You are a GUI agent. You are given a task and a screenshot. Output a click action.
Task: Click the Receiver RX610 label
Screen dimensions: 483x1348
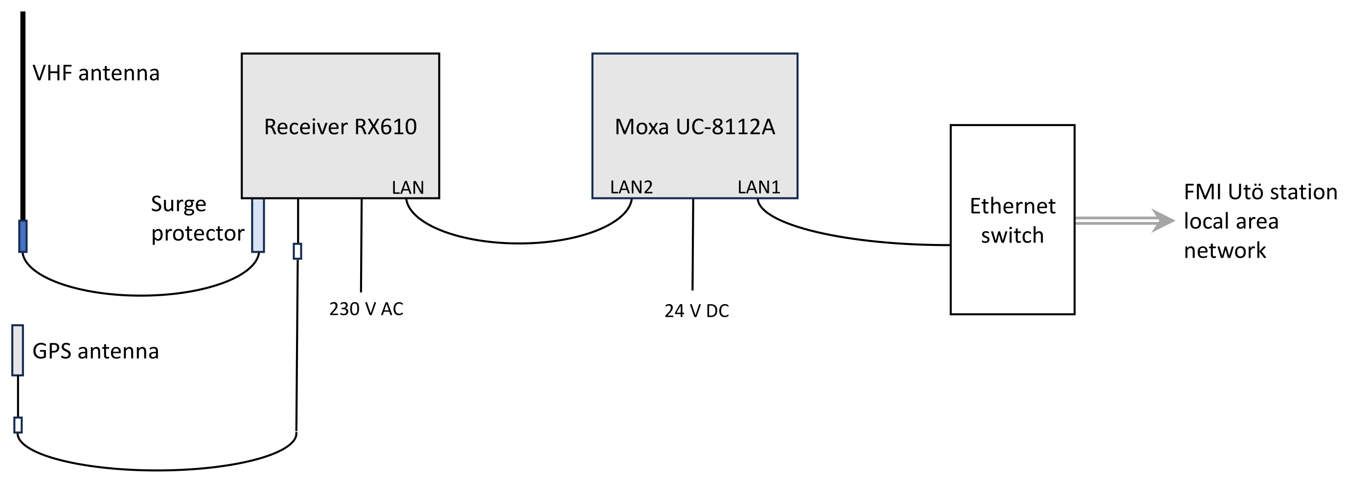click(340, 127)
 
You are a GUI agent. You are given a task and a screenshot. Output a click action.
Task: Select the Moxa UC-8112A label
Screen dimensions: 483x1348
click(694, 127)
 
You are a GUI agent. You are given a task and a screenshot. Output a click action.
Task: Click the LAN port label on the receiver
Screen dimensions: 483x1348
click(408, 188)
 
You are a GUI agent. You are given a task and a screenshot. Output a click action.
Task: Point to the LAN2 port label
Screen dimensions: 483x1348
click(631, 187)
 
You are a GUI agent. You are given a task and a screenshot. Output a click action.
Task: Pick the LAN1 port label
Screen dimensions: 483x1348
click(758, 187)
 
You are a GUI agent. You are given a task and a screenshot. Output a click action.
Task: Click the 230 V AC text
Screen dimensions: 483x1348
click(366, 309)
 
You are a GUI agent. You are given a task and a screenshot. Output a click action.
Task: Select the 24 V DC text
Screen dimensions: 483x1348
click(696, 311)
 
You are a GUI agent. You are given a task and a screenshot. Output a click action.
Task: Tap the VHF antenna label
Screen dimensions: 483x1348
click(96, 73)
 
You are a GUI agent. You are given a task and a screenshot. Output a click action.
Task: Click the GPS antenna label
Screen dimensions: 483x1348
click(95, 351)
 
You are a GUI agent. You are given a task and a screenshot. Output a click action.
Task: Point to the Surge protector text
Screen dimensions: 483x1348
click(197, 219)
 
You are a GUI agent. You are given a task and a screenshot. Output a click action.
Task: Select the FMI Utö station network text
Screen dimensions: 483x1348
click(1260, 221)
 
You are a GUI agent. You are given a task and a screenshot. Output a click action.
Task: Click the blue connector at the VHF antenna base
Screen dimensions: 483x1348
click(23, 236)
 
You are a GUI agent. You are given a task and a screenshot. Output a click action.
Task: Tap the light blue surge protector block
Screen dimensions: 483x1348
click(258, 225)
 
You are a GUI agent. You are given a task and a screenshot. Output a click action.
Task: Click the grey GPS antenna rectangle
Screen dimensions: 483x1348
click(17, 350)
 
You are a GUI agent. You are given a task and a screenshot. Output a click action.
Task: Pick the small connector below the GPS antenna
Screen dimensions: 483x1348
click(18, 425)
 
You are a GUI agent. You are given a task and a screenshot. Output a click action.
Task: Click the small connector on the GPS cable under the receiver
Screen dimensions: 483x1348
click(297, 251)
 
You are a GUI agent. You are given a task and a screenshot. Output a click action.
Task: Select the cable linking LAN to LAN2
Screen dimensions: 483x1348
click(518, 243)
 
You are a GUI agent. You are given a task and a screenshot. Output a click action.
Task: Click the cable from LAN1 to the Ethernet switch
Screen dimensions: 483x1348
click(848, 238)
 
